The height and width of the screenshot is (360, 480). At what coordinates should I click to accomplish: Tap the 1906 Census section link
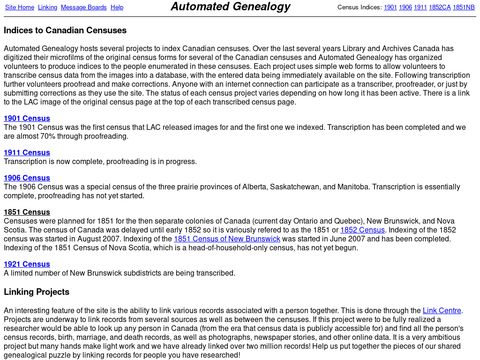(x=27, y=205)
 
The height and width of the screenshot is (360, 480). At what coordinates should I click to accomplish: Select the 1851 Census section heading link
(x=27, y=240)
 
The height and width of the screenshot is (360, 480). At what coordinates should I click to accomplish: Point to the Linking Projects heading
(x=49, y=318)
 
